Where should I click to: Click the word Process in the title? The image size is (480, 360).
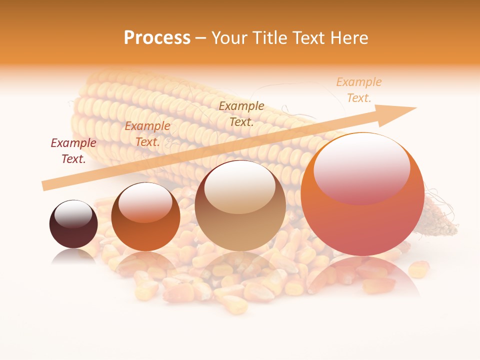[x=157, y=38]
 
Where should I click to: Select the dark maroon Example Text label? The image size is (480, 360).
[x=73, y=151]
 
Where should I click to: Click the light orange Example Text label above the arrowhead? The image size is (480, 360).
[x=358, y=90]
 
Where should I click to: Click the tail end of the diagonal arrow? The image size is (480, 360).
[x=45, y=185]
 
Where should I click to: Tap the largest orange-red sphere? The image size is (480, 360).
[x=362, y=200]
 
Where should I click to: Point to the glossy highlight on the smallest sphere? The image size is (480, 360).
[x=73, y=213]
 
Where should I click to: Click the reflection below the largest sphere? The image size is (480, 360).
[x=362, y=277]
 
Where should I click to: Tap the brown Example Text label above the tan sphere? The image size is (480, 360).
[x=241, y=114]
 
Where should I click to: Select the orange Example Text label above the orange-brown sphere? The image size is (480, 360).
[x=147, y=134]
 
